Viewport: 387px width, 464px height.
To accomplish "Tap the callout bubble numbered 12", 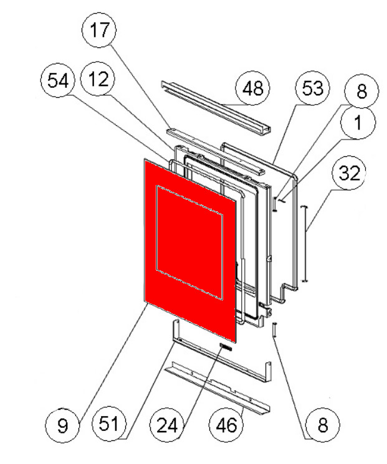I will [x=98, y=80].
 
